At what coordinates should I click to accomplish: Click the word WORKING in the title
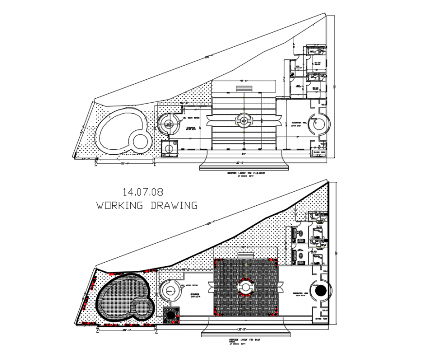(120, 205)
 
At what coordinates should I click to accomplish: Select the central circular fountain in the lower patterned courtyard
(245, 288)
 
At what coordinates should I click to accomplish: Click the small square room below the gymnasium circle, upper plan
(169, 147)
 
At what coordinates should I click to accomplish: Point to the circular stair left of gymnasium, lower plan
(170, 291)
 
